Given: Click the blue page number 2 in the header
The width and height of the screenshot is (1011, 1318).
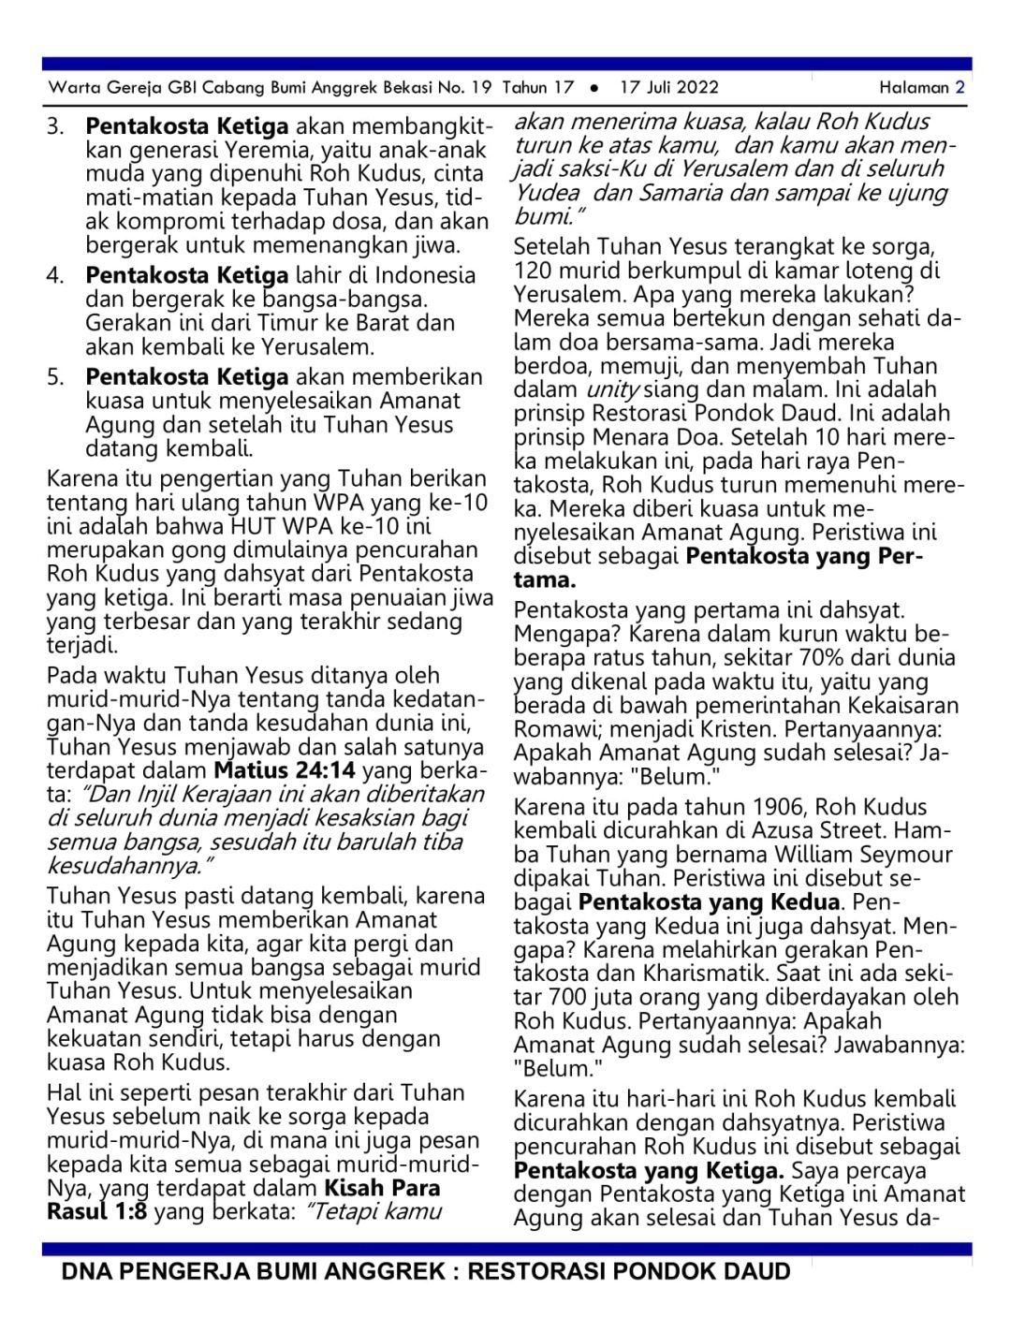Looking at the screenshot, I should pyautogui.click(x=960, y=87).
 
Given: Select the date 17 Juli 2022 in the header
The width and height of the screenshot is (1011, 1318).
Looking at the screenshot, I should pyautogui.click(x=669, y=87).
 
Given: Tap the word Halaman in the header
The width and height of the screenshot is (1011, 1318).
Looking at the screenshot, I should pyautogui.click(x=914, y=87).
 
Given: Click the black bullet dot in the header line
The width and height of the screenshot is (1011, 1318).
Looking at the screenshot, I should pyautogui.click(x=594, y=88).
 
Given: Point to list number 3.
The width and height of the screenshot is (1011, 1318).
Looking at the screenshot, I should pyautogui.click(x=55, y=125).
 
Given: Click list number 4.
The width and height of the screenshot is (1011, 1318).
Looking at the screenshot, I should pyautogui.click(x=55, y=275).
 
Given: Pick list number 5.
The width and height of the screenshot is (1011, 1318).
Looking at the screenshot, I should pyautogui.click(x=55, y=377).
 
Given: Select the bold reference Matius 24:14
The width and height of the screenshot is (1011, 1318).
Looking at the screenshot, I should pyautogui.click(x=285, y=770).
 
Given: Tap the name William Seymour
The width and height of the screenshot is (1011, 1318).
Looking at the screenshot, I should pyautogui.click(x=864, y=855).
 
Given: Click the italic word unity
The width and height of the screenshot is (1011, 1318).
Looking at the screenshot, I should pyautogui.click(x=612, y=389).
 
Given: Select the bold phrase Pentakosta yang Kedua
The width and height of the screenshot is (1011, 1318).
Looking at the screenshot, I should pyautogui.click(x=709, y=902).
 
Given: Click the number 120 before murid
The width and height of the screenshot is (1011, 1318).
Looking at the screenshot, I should pyautogui.click(x=532, y=271).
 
